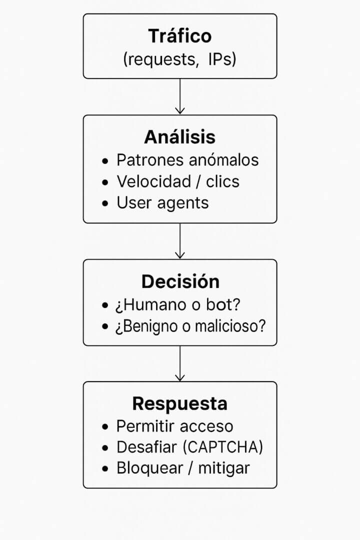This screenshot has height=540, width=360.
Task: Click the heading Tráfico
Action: coord(180,36)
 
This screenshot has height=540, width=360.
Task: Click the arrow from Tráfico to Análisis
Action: coord(180,96)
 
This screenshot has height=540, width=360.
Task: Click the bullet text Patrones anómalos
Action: coord(187,160)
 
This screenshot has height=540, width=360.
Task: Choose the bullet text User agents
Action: coord(162,203)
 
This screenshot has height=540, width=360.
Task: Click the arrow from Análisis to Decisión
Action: coord(180,240)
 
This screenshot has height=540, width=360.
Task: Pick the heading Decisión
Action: coord(180,281)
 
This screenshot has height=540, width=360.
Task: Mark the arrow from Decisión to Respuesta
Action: coord(180,363)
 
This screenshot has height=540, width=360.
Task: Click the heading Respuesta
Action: coord(180,403)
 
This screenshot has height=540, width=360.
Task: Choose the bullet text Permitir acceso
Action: coord(174,426)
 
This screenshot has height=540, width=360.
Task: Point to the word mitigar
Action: coord(223,468)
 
